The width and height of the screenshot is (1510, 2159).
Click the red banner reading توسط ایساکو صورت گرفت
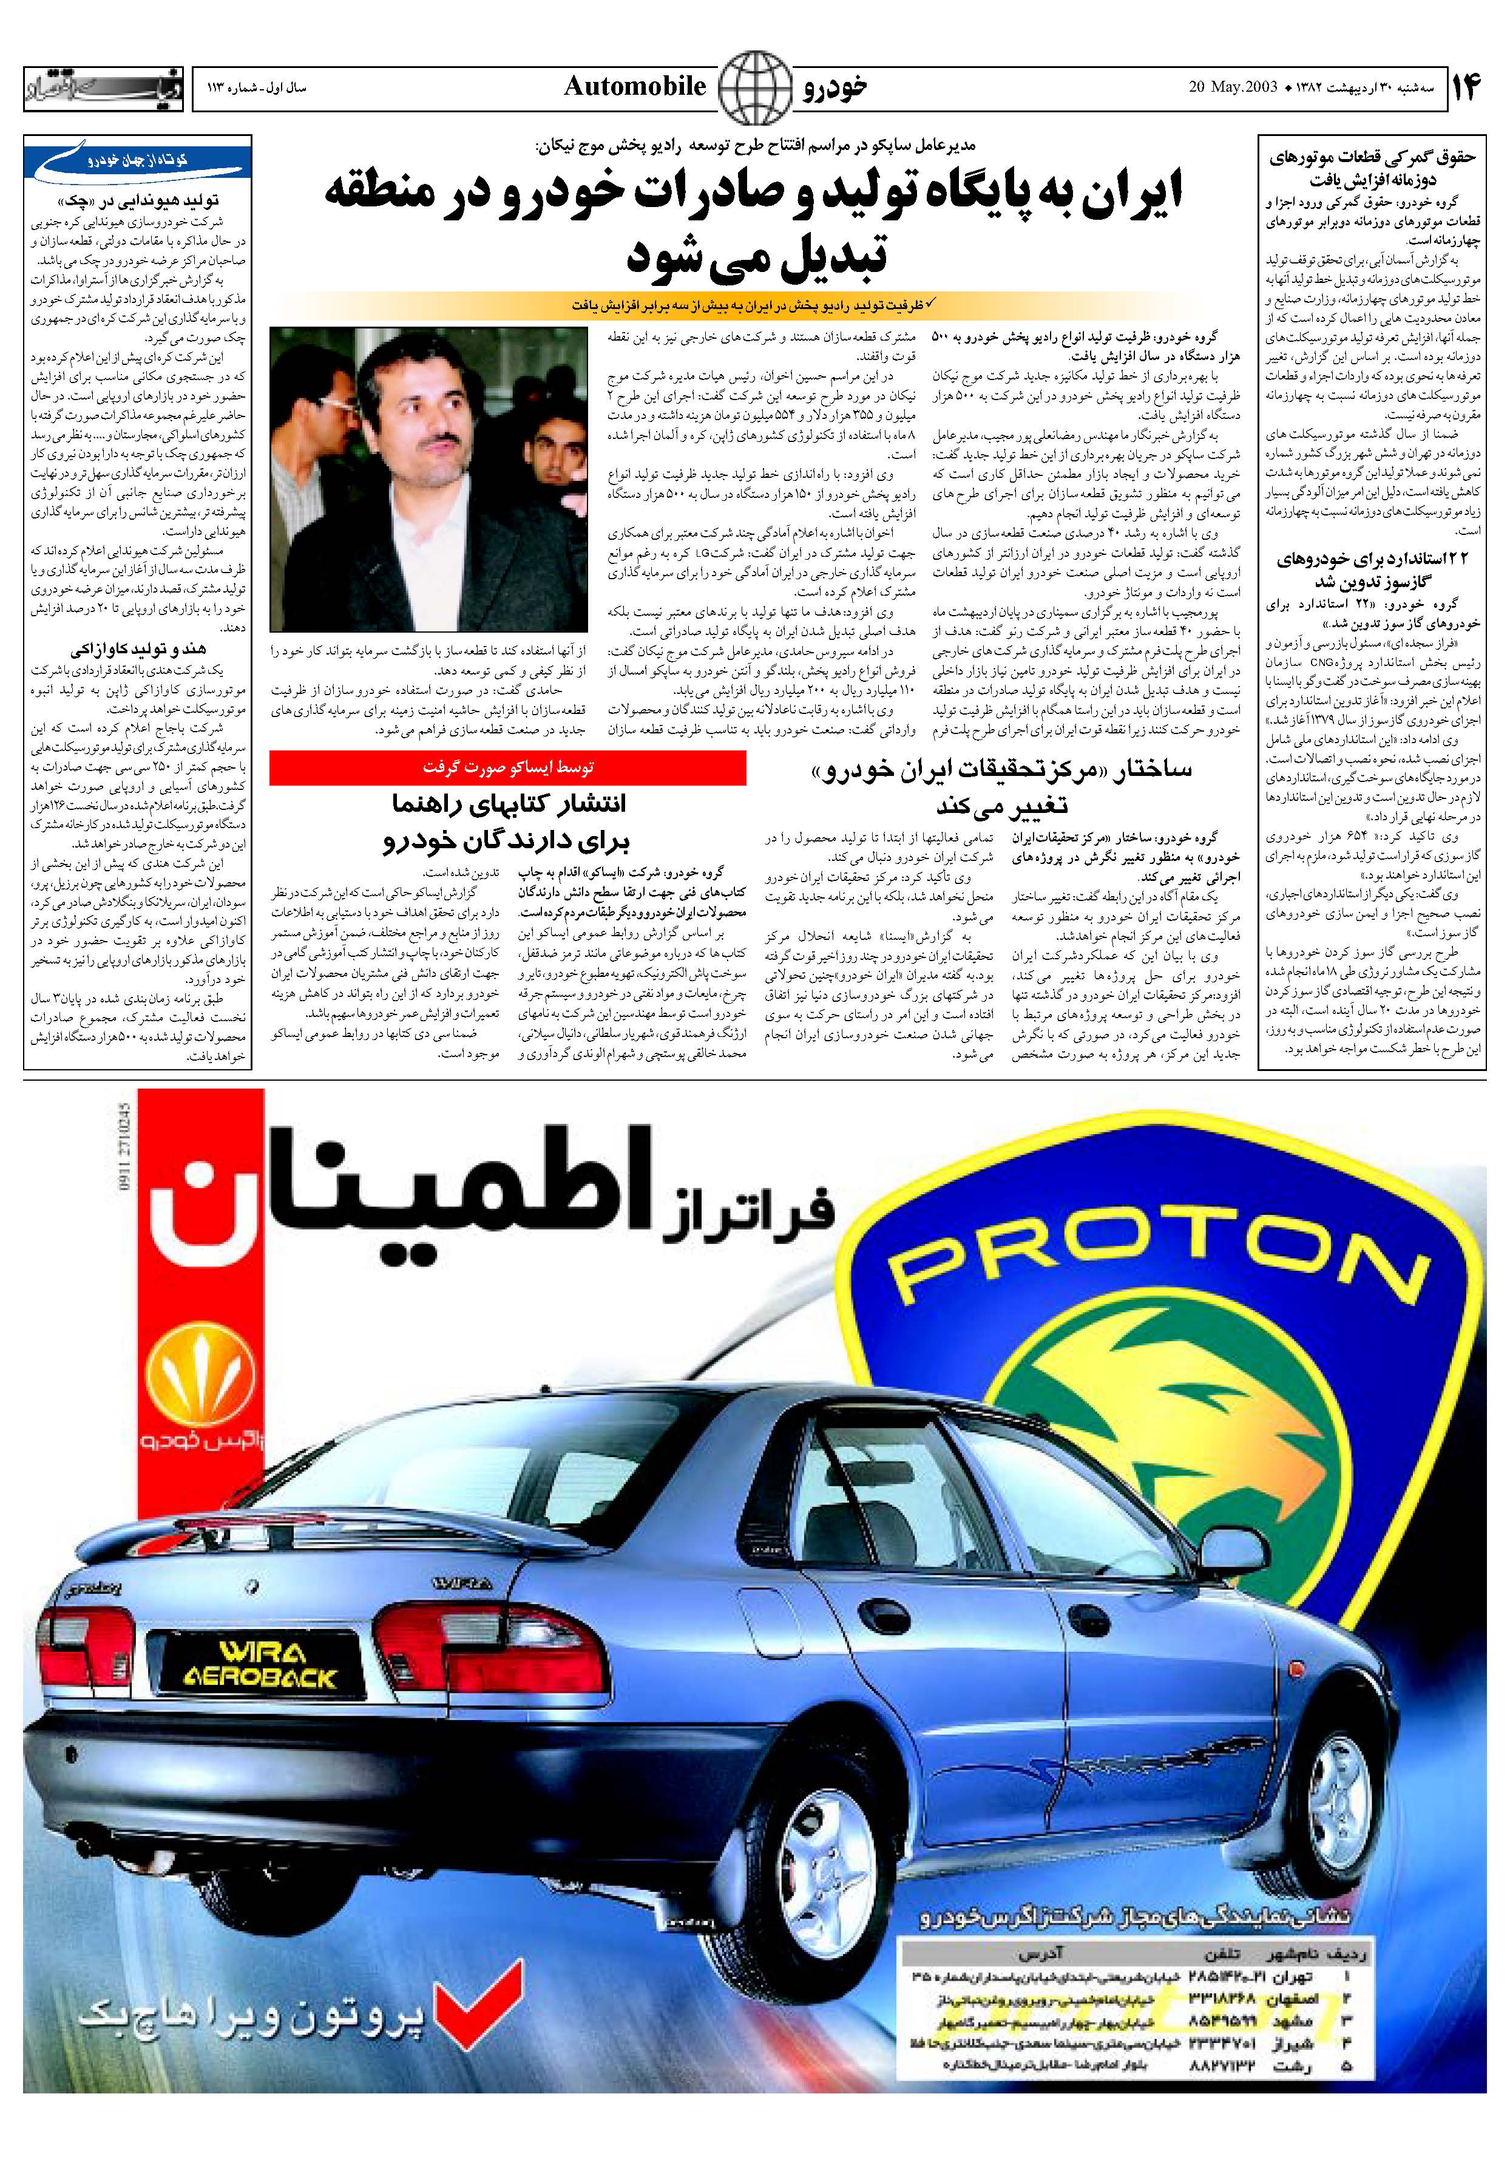[x=508, y=767]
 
